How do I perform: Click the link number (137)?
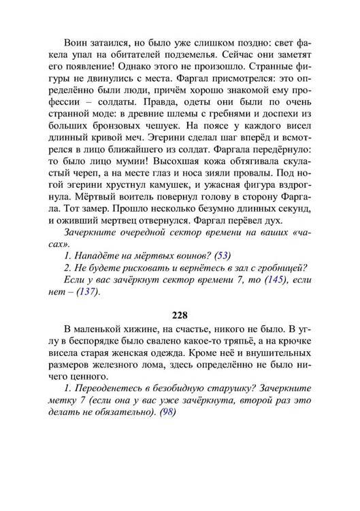(84, 292)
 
